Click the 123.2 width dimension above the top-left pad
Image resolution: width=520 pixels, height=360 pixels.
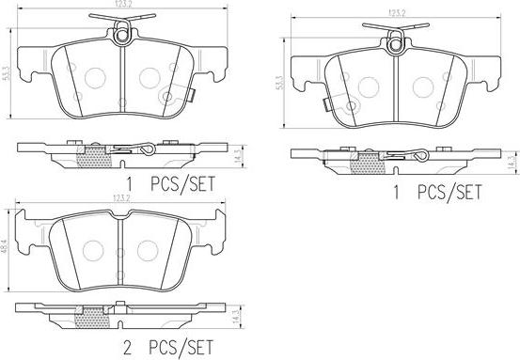122,3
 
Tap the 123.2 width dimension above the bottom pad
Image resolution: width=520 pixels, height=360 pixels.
121,198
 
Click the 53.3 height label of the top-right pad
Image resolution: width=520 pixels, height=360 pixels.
280,83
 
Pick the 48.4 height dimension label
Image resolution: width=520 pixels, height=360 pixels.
5,246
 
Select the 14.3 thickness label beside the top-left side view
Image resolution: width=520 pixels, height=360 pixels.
238,156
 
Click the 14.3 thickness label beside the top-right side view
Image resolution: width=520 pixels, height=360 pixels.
512,163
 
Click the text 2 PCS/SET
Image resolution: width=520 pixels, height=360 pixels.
168,348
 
